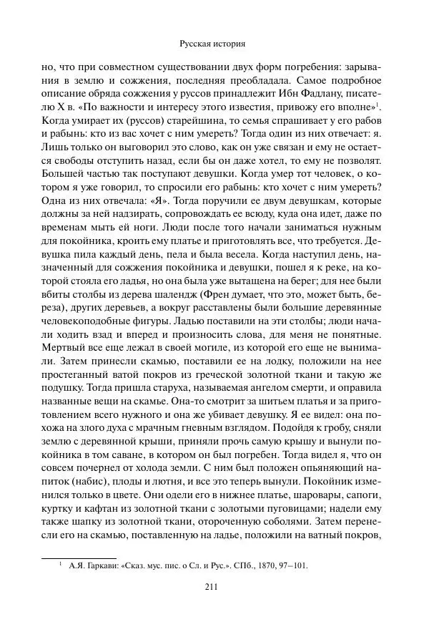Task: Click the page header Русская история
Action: (214, 43)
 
